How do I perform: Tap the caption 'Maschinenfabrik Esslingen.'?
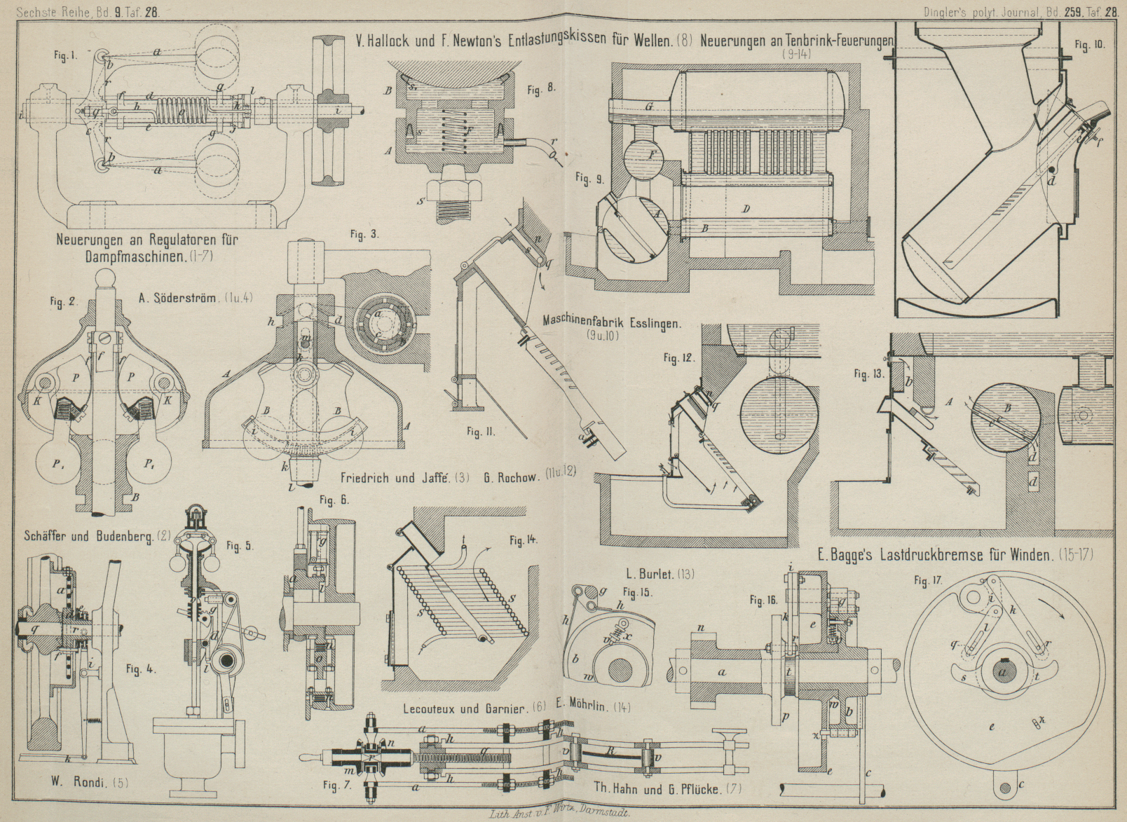point(611,324)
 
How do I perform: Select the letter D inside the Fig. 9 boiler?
point(747,209)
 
